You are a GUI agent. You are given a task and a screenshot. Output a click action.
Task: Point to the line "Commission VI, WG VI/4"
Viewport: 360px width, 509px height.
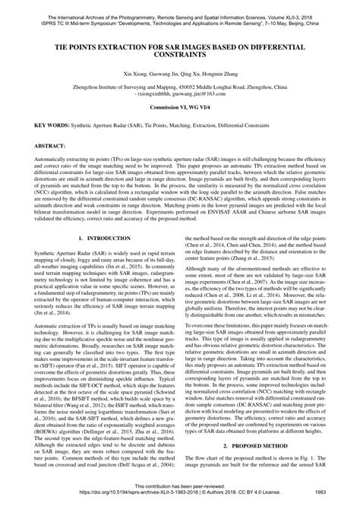tap(180, 131)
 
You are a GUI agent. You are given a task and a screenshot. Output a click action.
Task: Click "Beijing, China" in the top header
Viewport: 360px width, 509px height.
tap(321, 15)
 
